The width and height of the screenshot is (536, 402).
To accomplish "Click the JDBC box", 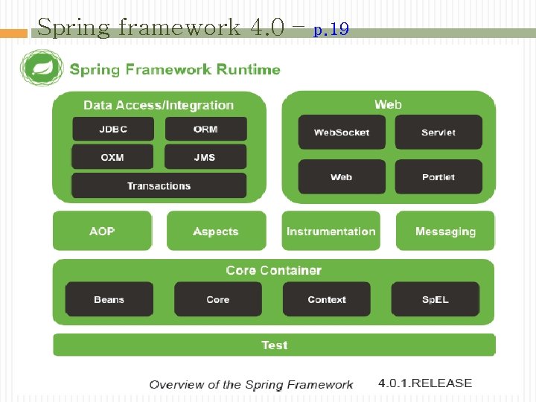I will (x=113, y=129).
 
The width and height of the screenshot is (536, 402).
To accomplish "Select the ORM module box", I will (x=205, y=129).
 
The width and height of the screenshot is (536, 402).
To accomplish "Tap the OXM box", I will (x=113, y=157).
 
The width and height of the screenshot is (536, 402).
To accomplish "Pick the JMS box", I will (x=205, y=157).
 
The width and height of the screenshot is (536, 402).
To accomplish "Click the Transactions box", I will (x=159, y=185).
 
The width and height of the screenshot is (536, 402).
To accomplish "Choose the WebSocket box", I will (x=342, y=132).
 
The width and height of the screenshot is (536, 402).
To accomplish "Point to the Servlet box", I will (x=438, y=132).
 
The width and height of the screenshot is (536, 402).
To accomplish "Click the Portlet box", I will (x=438, y=177).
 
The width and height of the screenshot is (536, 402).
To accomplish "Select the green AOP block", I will (x=102, y=231).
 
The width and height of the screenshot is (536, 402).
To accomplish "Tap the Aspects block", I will (x=216, y=231).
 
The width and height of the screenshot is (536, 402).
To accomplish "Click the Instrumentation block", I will (x=331, y=231).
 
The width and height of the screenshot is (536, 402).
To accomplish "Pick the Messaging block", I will (x=445, y=231).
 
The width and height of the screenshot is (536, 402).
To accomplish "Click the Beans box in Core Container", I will (x=109, y=299).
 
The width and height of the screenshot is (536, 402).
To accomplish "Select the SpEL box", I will (x=435, y=299).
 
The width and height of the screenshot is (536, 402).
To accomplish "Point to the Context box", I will (x=327, y=299).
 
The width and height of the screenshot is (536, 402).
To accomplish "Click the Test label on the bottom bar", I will (x=274, y=345).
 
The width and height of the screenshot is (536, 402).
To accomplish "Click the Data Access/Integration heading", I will (x=159, y=105).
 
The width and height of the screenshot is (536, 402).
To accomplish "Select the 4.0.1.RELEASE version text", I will (x=425, y=383).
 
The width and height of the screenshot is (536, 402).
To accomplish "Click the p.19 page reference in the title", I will (x=331, y=30).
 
